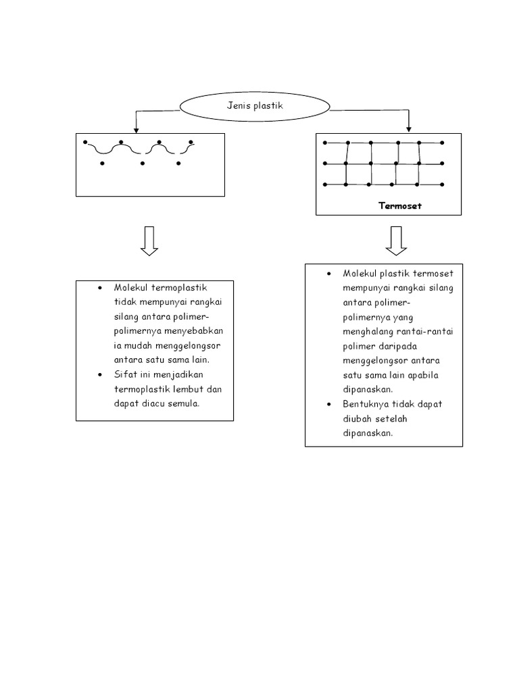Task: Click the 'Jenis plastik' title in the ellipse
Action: point(255,105)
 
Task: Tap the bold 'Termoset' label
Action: point(400,205)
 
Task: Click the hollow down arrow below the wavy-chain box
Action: point(149,241)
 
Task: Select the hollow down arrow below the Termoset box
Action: point(396,241)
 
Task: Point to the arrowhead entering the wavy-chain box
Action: point(136,130)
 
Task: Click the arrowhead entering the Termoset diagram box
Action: point(409,129)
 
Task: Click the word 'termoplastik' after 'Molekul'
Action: point(178,288)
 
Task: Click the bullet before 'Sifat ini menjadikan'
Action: point(100,375)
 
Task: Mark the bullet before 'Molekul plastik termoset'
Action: point(329,274)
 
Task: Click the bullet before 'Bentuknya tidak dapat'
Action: point(329,404)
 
